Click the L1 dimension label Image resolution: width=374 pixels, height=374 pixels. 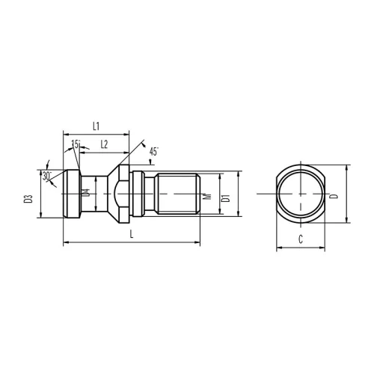pos(96,126)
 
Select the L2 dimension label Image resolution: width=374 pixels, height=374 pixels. pos(104,144)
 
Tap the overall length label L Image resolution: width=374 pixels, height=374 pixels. pos(132,234)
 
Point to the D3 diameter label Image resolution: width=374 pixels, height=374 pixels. pos(28,199)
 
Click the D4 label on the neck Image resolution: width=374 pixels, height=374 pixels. pos(86,193)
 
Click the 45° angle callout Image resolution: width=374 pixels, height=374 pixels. pos(153,152)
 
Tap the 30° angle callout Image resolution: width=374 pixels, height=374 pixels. pos(46,176)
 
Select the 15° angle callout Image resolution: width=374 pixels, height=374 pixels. pos(76,144)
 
